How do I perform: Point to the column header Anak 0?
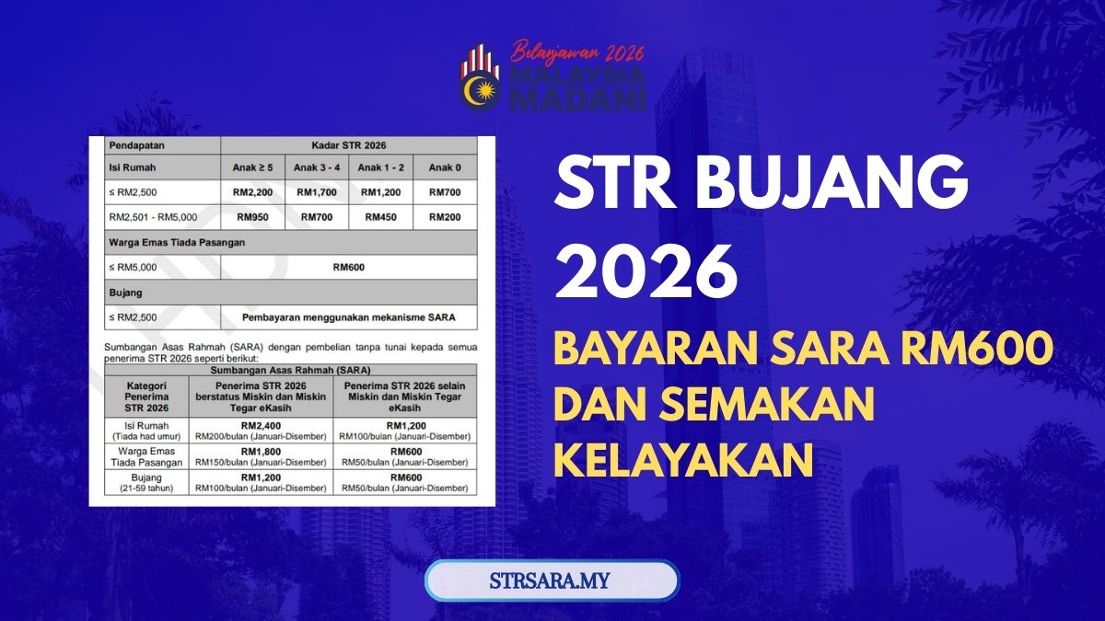click(x=445, y=168)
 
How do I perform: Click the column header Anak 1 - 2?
click(x=380, y=168)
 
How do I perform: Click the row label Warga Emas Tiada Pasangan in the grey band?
click(x=169, y=243)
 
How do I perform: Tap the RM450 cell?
click(x=380, y=218)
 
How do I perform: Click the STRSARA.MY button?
click(x=552, y=581)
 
